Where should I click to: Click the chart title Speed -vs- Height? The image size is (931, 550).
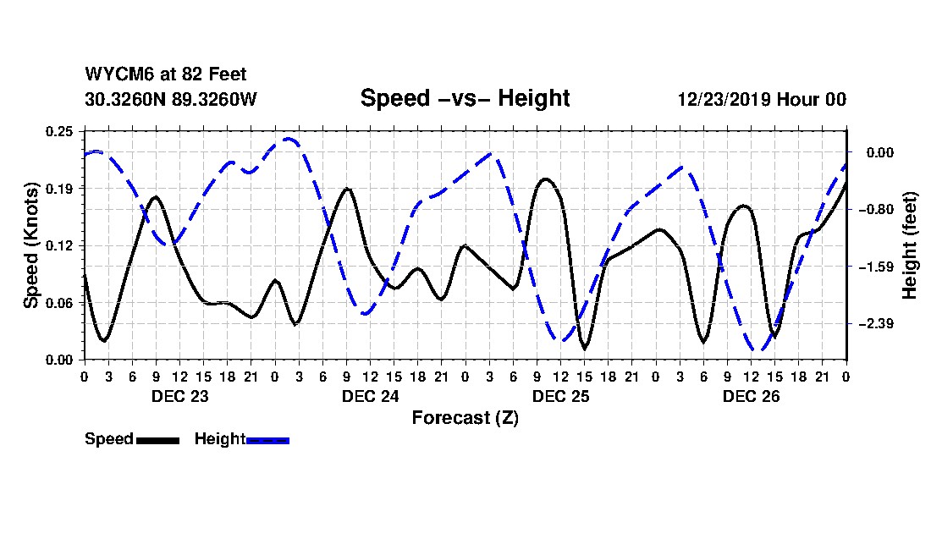465,98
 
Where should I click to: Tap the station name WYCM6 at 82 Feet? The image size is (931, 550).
166,74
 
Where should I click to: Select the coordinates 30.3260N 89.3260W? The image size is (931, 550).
170,99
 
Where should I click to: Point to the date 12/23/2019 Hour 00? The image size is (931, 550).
762,99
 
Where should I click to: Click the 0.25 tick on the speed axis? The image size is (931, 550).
62,131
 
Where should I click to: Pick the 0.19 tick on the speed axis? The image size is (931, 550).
62,188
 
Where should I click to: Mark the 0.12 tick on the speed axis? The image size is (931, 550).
62,245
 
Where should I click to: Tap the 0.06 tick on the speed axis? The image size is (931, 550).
62,302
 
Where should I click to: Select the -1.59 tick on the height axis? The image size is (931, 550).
873,267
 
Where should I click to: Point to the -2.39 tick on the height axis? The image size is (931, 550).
873,324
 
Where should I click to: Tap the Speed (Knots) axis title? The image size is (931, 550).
31,245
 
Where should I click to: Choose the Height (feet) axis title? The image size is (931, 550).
910,245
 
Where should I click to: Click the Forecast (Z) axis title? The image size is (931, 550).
465,418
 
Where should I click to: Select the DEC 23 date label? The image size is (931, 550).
179,396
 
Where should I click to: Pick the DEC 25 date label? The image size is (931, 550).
560,396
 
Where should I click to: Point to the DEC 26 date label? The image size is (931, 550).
751,396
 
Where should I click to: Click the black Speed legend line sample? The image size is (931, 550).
157,440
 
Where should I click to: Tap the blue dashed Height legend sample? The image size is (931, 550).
267,440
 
